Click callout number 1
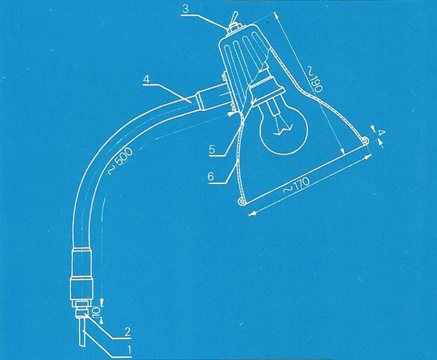129,350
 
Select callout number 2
127,332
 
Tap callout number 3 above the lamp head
186,9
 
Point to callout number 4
146,79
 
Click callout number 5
212,149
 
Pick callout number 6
210,177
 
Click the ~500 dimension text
120,161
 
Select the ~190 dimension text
314,79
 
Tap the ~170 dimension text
296,186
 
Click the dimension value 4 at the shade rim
382,133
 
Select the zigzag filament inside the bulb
283,131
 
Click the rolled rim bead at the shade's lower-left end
242,202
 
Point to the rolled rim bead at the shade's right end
365,141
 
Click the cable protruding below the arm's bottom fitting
82,333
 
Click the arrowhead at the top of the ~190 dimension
276,16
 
